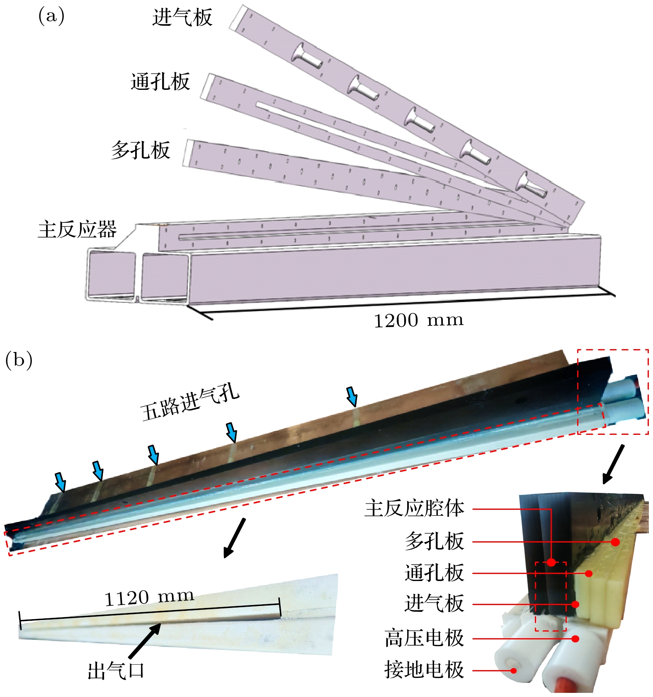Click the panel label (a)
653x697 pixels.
click(x=51, y=17)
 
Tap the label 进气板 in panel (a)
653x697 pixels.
click(x=182, y=18)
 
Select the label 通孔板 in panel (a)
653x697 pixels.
click(x=160, y=82)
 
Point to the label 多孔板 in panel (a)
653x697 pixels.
click(x=141, y=150)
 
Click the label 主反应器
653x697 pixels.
click(x=78, y=229)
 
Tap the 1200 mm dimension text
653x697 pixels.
click(x=418, y=320)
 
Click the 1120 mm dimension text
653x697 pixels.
click(x=149, y=597)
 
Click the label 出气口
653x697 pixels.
click(x=116, y=670)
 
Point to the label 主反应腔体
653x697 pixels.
click(x=414, y=508)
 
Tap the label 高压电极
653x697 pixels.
click(x=424, y=638)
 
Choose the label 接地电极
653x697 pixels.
click(x=424, y=670)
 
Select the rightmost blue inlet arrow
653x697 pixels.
click(x=352, y=396)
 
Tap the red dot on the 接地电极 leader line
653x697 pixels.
click(x=513, y=670)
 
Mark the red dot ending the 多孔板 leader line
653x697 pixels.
click(x=615, y=542)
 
